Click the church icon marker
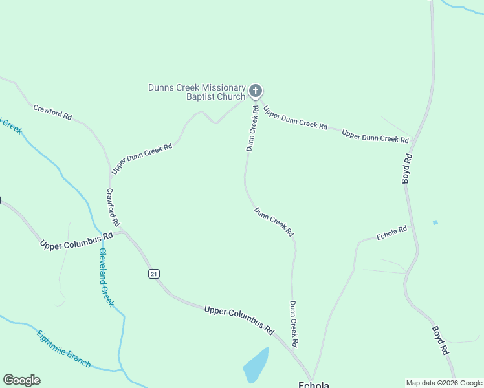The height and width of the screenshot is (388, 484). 256,91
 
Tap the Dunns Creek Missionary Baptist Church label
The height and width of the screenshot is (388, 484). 197,92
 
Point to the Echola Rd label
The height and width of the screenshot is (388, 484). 392,233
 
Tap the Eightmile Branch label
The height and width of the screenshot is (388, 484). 63,349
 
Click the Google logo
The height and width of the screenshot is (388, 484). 21,380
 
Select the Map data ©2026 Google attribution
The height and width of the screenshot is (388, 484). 444,383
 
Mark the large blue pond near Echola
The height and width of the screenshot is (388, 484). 256,366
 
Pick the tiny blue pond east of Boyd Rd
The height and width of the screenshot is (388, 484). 435,223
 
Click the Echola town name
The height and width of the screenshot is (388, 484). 314,385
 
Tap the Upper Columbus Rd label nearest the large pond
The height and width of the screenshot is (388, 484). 239,319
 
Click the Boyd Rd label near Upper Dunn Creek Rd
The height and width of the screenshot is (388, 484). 407,169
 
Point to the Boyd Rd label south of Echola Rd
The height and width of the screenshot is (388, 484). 441,339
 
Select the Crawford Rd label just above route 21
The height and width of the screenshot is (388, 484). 113,207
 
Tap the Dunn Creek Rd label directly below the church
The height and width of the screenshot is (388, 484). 252,129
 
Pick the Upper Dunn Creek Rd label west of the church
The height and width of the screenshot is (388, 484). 142,158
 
